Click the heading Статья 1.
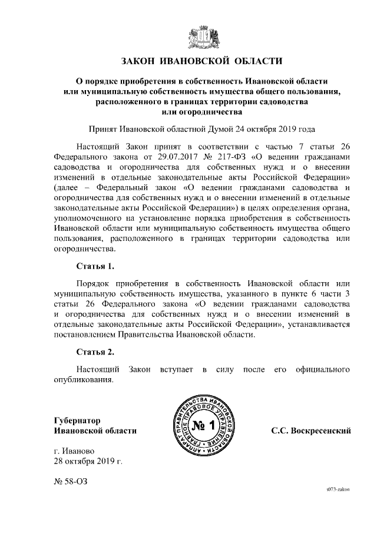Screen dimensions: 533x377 [95, 266]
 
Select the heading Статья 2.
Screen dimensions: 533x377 [95, 352]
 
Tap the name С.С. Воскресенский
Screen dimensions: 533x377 [311, 431]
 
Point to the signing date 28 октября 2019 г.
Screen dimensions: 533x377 [88, 461]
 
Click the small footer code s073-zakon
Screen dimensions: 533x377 [339, 489]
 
